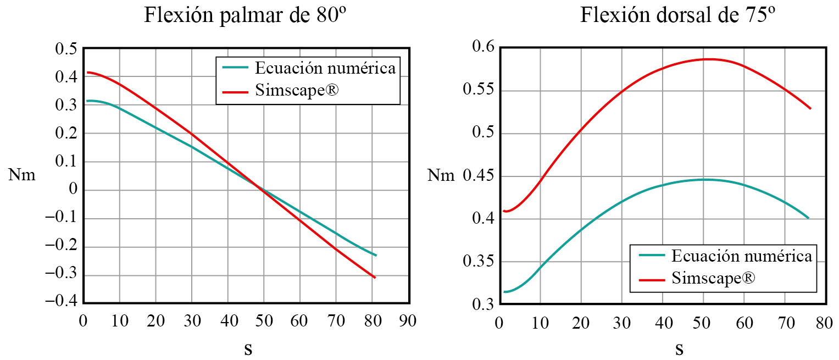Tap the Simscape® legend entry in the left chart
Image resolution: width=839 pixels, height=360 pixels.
pyautogui.click(x=297, y=91)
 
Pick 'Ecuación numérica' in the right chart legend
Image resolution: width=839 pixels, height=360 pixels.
pyautogui.click(x=741, y=256)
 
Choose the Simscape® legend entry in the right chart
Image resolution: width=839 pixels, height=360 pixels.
pyautogui.click(x=713, y=279)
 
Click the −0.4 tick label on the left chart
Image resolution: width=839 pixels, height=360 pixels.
pyautogui.click(x=62, y=303)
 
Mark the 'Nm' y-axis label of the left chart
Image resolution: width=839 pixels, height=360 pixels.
pyautogui.click(x=22, y=176)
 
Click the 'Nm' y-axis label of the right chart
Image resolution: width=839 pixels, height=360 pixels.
pyautogui.click(x=441, y=176)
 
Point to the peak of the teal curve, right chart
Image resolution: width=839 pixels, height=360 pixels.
pyautogui.click(x=704, y=179)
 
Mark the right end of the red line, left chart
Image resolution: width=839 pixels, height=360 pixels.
pyautogui.click(x=375, y=278)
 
